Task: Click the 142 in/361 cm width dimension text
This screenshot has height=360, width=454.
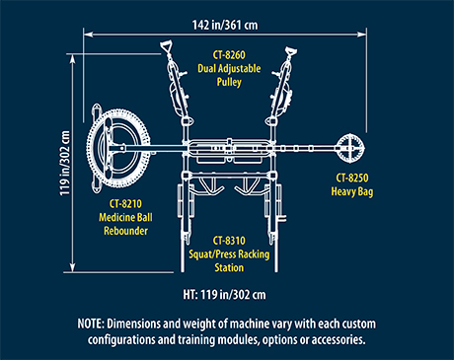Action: tap(225, 25)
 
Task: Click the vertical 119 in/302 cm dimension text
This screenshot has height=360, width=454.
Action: tap(65, 163)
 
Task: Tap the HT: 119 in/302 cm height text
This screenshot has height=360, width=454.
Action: tap(224, 295)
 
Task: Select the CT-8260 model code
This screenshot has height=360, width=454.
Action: tap(229, 54)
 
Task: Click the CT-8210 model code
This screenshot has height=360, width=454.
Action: tap(125, 203)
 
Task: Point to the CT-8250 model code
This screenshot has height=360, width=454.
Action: tap(352, 178)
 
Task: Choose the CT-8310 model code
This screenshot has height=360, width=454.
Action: tap(229, 241)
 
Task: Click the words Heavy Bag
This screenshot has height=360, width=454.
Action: tap(352, 191)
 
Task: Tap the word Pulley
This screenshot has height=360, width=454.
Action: tap(229, 82)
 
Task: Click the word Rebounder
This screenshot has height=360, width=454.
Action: tap(125, 231)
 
